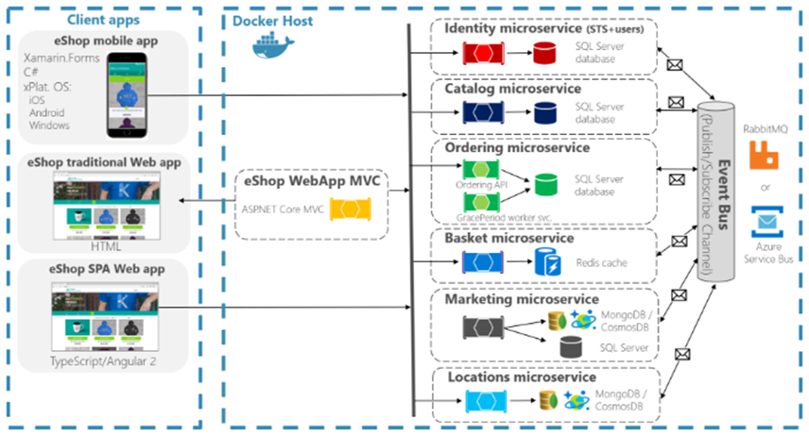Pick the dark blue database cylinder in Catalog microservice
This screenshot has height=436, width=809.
click(545, 114)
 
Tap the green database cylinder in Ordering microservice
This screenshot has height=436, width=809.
click(545, 185)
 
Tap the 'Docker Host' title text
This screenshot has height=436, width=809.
click(275, 20)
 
